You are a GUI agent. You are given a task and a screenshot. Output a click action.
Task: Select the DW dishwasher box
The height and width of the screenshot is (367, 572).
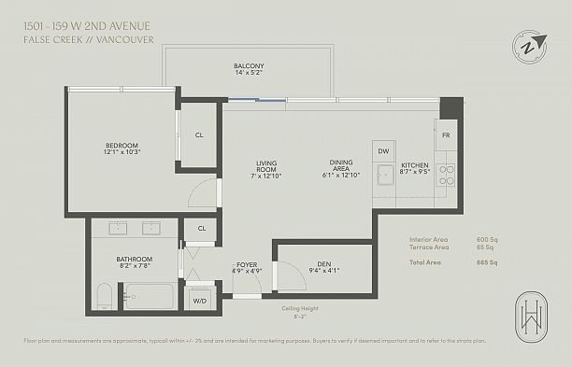[x=382, y=151]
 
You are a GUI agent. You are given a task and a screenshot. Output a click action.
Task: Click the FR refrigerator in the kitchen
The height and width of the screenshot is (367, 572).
[x=446, y=136]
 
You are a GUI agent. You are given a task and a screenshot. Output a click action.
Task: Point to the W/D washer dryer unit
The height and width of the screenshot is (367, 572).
[x=200, y=301]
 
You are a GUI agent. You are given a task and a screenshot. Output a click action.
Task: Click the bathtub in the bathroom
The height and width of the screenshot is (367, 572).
[x=150, y=297]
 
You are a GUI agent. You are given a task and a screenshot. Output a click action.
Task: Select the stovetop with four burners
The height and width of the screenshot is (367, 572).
[x=446, y=175]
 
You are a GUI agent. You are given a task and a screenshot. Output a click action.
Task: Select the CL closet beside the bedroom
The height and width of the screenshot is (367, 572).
[x=199, y=134]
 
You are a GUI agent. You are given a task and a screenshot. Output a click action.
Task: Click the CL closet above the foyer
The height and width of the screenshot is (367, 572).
[x=201, y=228]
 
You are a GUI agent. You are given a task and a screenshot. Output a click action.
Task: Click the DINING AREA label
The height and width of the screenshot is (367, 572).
[x=341, y=167]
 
